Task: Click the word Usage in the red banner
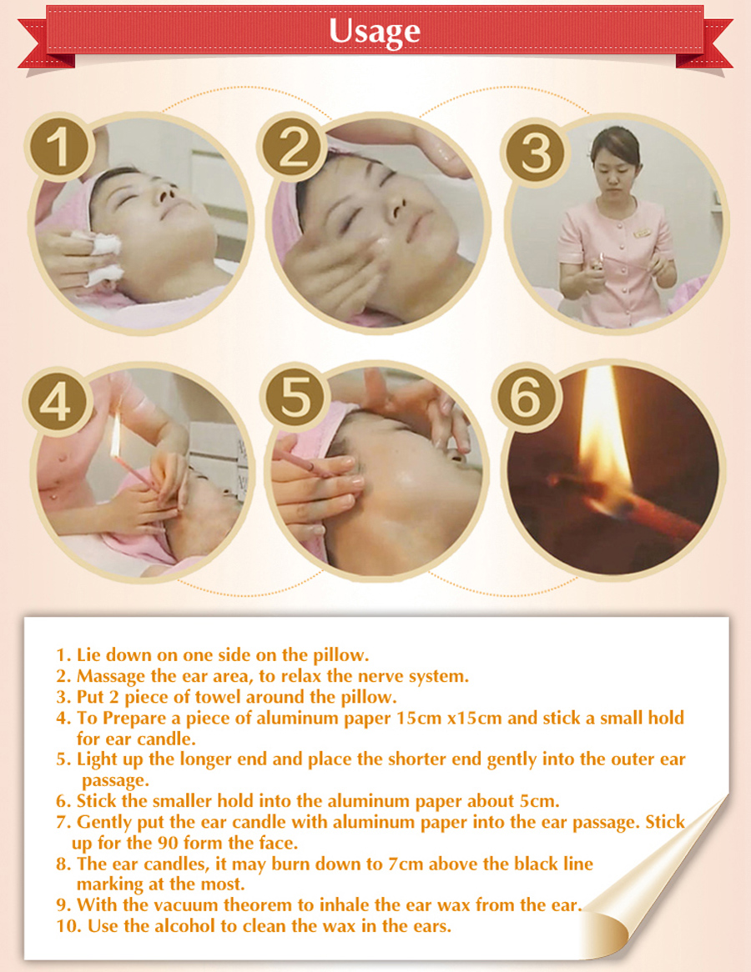point(375,31)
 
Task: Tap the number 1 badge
point(59,147)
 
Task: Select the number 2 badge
point(292,147)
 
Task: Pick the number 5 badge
point(295,398)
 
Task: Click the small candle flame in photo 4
point(115,436)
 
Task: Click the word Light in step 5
point(93,759)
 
